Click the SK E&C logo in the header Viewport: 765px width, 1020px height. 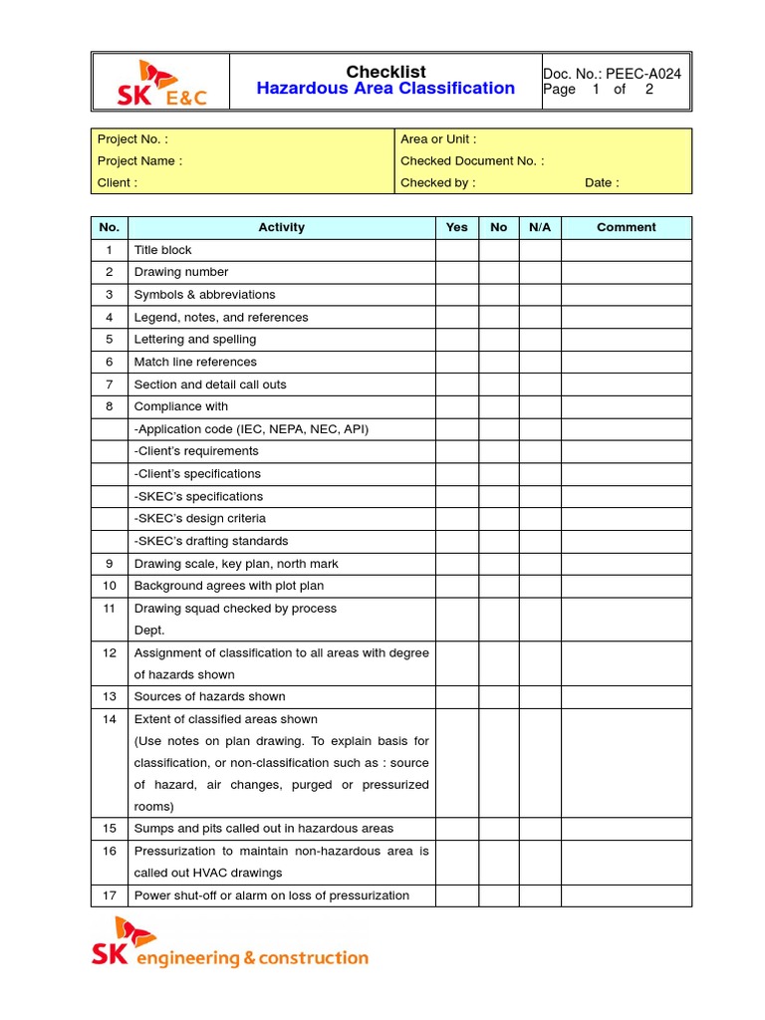coord(159,84)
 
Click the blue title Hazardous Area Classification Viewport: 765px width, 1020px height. coord(385,89)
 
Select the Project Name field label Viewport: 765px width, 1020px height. coord(139,161)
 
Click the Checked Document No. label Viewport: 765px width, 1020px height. coord(472,161)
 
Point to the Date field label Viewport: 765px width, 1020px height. coord(602,183)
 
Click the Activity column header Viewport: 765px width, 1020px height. coord(281,227)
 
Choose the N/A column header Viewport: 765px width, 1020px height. coord(539,227)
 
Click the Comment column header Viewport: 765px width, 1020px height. coord(626,227)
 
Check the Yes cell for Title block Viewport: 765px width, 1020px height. coord(456,250)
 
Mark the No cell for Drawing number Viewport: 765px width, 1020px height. coord(498,272)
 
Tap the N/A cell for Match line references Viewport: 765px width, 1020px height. coord(539,362)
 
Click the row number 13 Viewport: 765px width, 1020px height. coord(110,697)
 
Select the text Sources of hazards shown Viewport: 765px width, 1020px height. coord(209,697)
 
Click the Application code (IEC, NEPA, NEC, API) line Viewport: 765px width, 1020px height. coord(251,429)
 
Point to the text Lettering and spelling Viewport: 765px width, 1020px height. coord(194,340)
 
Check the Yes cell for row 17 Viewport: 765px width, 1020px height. coord(456,895)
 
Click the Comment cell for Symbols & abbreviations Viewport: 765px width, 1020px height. coord(626,295)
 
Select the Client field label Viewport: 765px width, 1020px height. coord(118,183)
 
